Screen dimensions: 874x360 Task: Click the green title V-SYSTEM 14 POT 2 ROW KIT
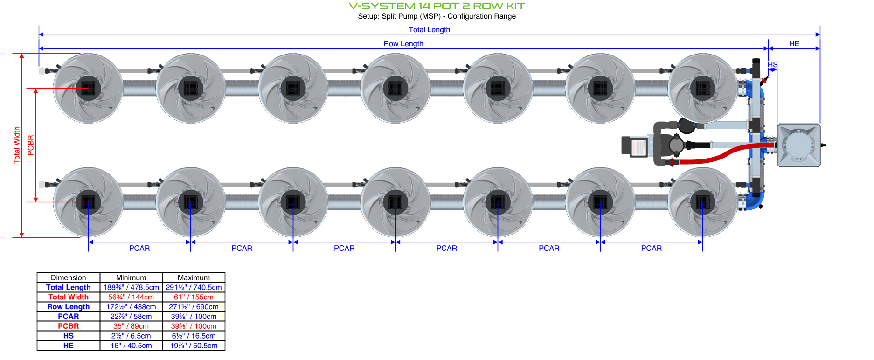tap(437, 6)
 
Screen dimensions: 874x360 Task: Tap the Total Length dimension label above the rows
tap(429, 29)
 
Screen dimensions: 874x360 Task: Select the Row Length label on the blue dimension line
tap(403, 43)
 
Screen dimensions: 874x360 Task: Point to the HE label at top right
tap(794, 43)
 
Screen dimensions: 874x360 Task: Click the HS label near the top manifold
tap(773, 64)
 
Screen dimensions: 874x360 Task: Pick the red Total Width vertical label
tap(17, 145)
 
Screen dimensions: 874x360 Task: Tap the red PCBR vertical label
tap(31, 145)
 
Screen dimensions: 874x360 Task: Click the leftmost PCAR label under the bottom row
tap(139, 248)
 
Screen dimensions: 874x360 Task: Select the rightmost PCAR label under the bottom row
tap(652, 248)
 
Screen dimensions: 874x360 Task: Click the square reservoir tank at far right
tap(799, 145)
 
